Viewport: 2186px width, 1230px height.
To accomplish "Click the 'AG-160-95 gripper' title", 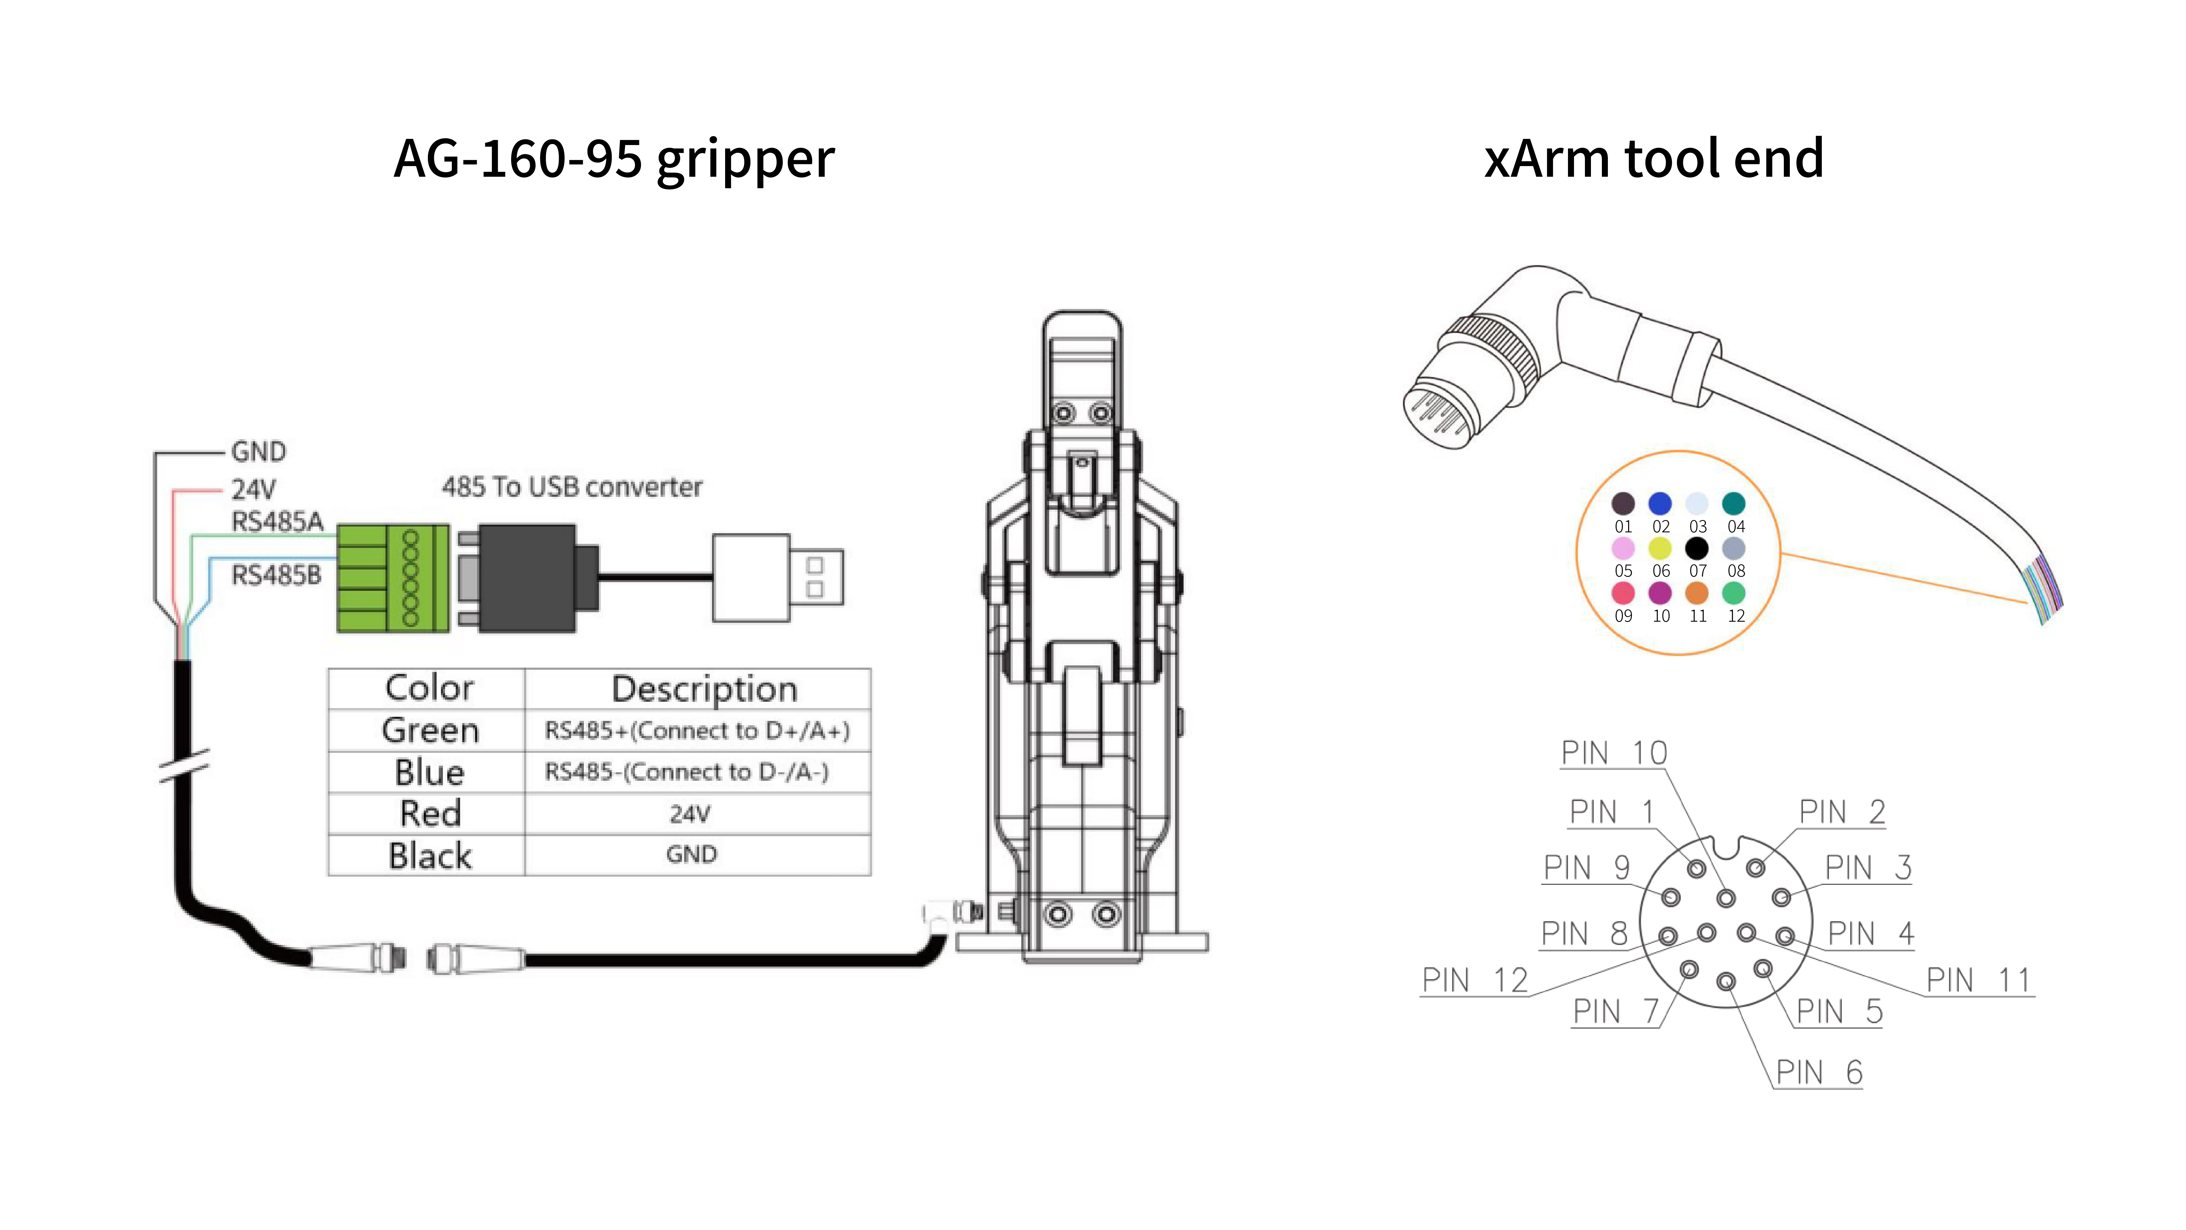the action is pos(614,160).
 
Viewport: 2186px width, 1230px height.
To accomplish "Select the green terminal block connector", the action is pos(393,578).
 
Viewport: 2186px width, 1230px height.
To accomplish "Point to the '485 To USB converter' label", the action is pos(572,487).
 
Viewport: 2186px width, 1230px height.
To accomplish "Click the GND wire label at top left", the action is pos(259,452).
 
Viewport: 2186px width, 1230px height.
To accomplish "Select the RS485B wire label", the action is pos(277,576).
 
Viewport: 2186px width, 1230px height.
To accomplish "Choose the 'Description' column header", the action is pos(704,688).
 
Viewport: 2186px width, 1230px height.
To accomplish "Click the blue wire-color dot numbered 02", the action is pos(1660,503).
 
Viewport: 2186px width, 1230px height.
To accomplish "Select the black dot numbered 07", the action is pos(1696,548).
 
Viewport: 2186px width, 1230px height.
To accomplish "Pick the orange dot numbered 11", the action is pos(1696,592).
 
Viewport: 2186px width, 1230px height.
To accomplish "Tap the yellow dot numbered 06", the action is pos(1660,548).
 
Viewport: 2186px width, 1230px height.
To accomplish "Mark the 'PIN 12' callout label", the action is pos(1475,981).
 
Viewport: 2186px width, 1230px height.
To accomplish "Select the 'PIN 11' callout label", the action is pos(1978,981).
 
